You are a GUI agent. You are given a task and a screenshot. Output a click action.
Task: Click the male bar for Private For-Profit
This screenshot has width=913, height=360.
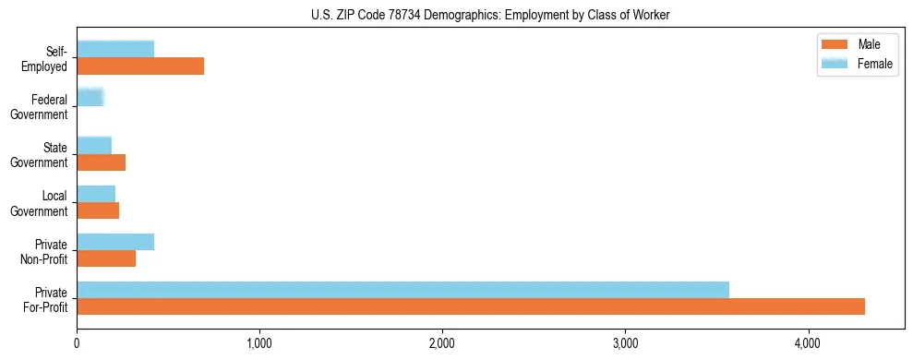tap(471, 306)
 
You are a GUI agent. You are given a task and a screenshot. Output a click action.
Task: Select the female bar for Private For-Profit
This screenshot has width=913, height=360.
tap(402, 290)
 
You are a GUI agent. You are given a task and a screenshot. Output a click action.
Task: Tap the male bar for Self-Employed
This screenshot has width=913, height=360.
tap(140, 66)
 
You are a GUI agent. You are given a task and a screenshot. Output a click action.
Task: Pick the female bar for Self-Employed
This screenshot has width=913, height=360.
tap(115, 49)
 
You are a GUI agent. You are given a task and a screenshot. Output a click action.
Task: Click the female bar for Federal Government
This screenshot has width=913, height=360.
tap(90, 97)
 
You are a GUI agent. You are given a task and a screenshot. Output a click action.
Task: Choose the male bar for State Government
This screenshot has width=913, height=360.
tap(101, 162)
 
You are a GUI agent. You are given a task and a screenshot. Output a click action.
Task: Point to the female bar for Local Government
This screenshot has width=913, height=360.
tap(96, 194)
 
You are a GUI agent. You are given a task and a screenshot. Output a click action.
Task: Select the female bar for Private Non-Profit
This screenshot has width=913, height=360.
tap(115, 242)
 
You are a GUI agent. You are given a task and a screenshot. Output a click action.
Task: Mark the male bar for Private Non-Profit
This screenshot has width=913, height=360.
tap(106, 258)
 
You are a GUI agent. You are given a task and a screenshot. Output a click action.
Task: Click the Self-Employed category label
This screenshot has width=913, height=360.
tap(48, 58)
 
